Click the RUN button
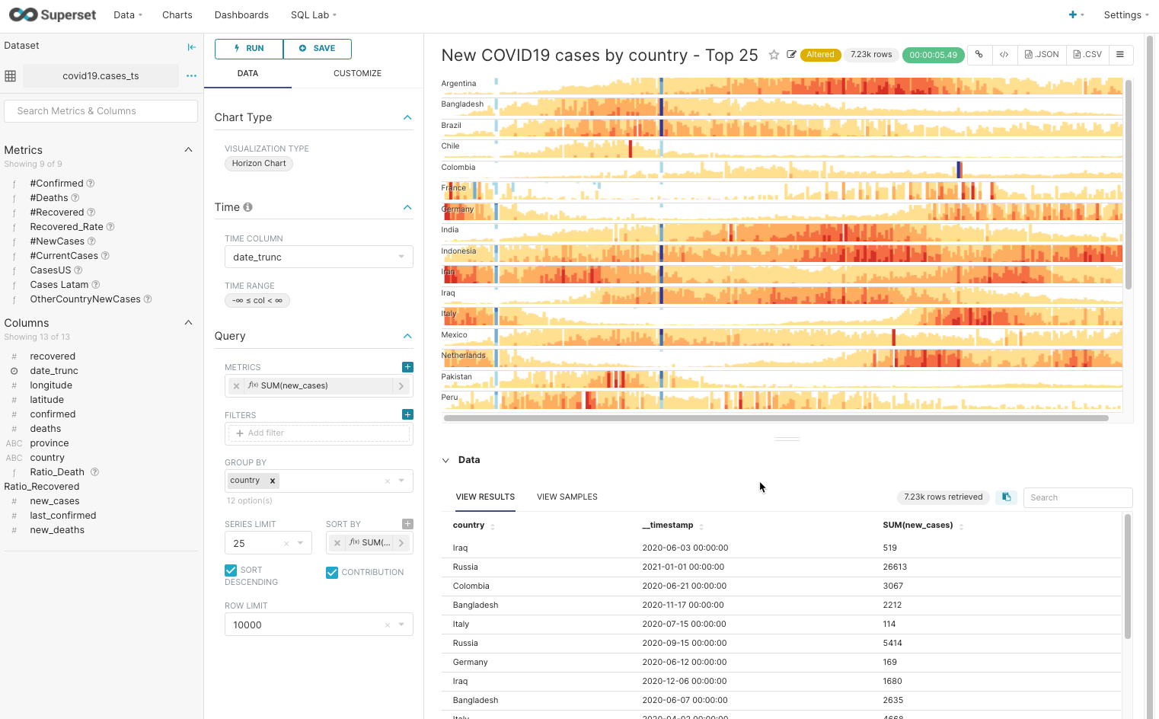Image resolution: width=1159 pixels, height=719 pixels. [249, 49]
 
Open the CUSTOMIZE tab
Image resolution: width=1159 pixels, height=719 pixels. [357, 74]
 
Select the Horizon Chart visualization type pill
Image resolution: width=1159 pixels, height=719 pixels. [259, 164]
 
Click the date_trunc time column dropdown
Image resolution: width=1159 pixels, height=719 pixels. [318, 257]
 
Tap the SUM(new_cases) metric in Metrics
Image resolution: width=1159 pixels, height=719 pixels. [294, 386]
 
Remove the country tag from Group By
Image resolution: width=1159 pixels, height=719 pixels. [273, 481]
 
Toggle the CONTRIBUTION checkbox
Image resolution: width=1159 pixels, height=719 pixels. [332, 573]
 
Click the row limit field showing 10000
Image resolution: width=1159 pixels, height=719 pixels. [305, 625]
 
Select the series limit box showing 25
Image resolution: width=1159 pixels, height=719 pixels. [259, 544]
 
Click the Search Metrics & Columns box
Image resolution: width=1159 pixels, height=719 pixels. [101, 111]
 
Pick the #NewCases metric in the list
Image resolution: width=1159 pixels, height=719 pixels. [57, 241]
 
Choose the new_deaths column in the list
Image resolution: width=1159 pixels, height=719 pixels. [57, 530]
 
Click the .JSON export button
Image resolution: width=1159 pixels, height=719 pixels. [1042, 55]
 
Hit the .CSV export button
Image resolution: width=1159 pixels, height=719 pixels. [1087, 55]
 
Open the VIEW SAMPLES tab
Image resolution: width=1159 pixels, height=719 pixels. [567, 497]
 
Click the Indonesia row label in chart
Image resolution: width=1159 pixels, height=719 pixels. [458, 251]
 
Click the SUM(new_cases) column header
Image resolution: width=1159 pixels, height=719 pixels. [918, 526]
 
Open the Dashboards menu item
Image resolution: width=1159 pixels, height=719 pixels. [241, 15]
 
